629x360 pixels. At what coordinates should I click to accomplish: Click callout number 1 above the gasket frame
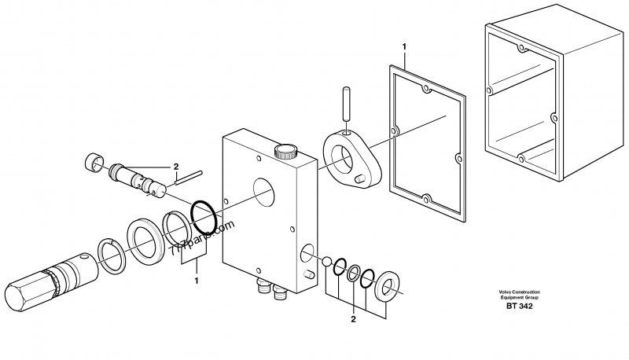404,47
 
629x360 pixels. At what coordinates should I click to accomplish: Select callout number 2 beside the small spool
177,167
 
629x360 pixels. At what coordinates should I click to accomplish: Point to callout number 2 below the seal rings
353,319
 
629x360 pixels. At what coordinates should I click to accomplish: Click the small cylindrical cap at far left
94,163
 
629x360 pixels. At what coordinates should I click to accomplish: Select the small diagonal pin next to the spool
191,178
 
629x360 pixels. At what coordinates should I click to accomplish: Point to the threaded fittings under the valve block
269,292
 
